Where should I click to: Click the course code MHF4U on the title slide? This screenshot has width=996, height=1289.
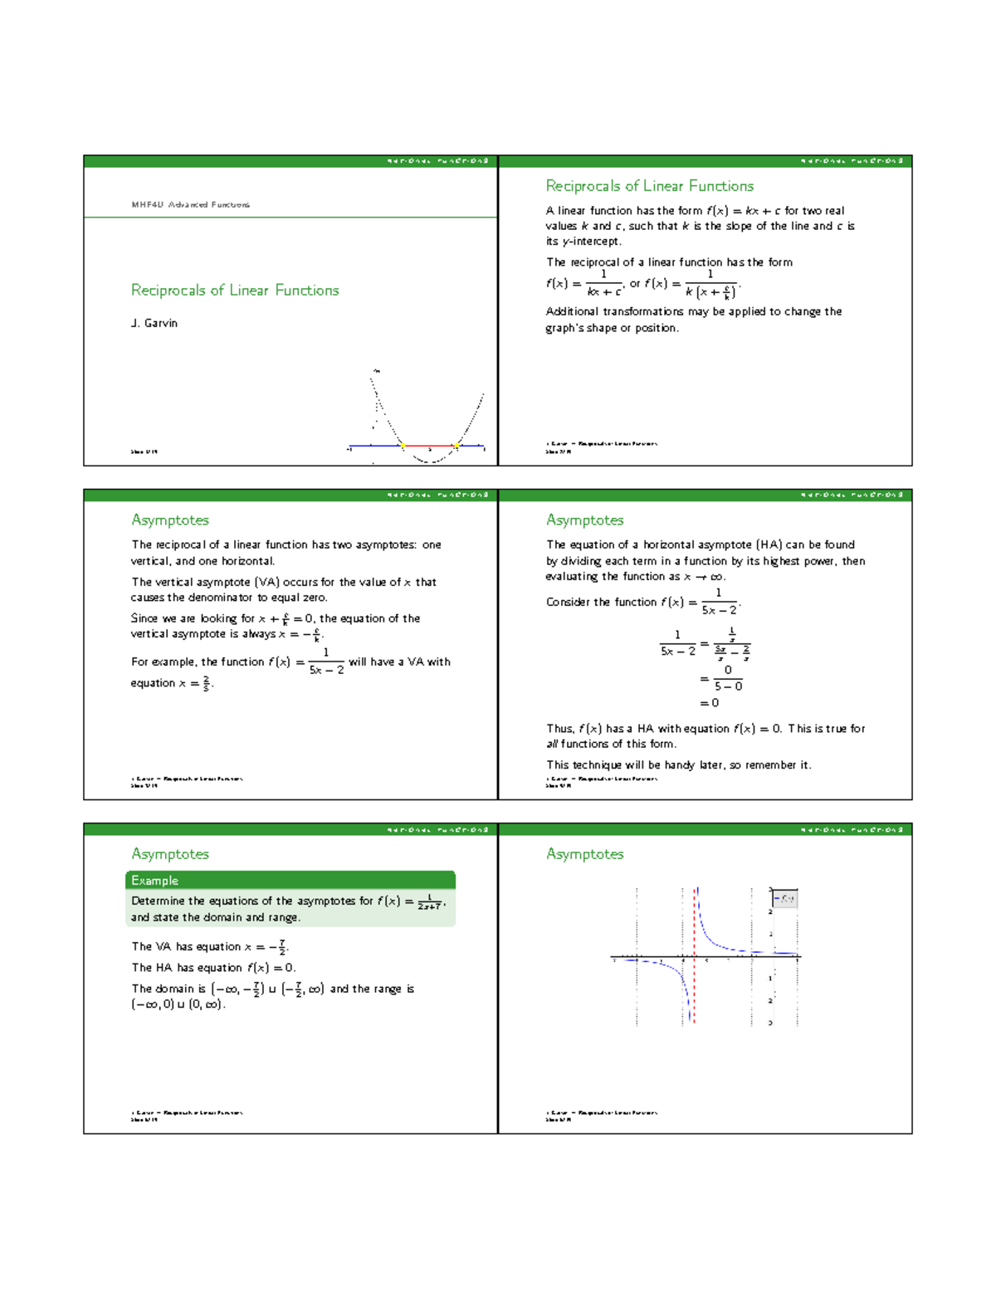[x=147, y=204]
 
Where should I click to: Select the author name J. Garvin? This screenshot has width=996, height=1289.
[x=154, y=323]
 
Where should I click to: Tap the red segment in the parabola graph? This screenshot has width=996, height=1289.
[x=429, y=446]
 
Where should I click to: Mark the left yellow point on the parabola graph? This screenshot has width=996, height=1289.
[x=403, y=446]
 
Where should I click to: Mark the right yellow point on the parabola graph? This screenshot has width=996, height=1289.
[x=456, y=446]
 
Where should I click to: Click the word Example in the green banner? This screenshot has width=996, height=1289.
[x=154, y=881]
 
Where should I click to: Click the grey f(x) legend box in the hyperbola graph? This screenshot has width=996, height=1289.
[x=784, y=898]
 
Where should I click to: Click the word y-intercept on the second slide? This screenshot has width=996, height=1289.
[x=591, y=242]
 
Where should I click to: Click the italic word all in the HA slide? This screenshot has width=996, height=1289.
[x=552, y=744]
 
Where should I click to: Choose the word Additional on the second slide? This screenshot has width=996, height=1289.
[x=572, y=311]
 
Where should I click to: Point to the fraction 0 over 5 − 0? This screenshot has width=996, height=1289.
[x=728, y=678]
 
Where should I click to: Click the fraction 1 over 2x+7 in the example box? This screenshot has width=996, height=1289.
[x=429, y=902]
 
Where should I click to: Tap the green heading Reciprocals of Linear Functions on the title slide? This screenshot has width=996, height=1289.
[x=235, y=290]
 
